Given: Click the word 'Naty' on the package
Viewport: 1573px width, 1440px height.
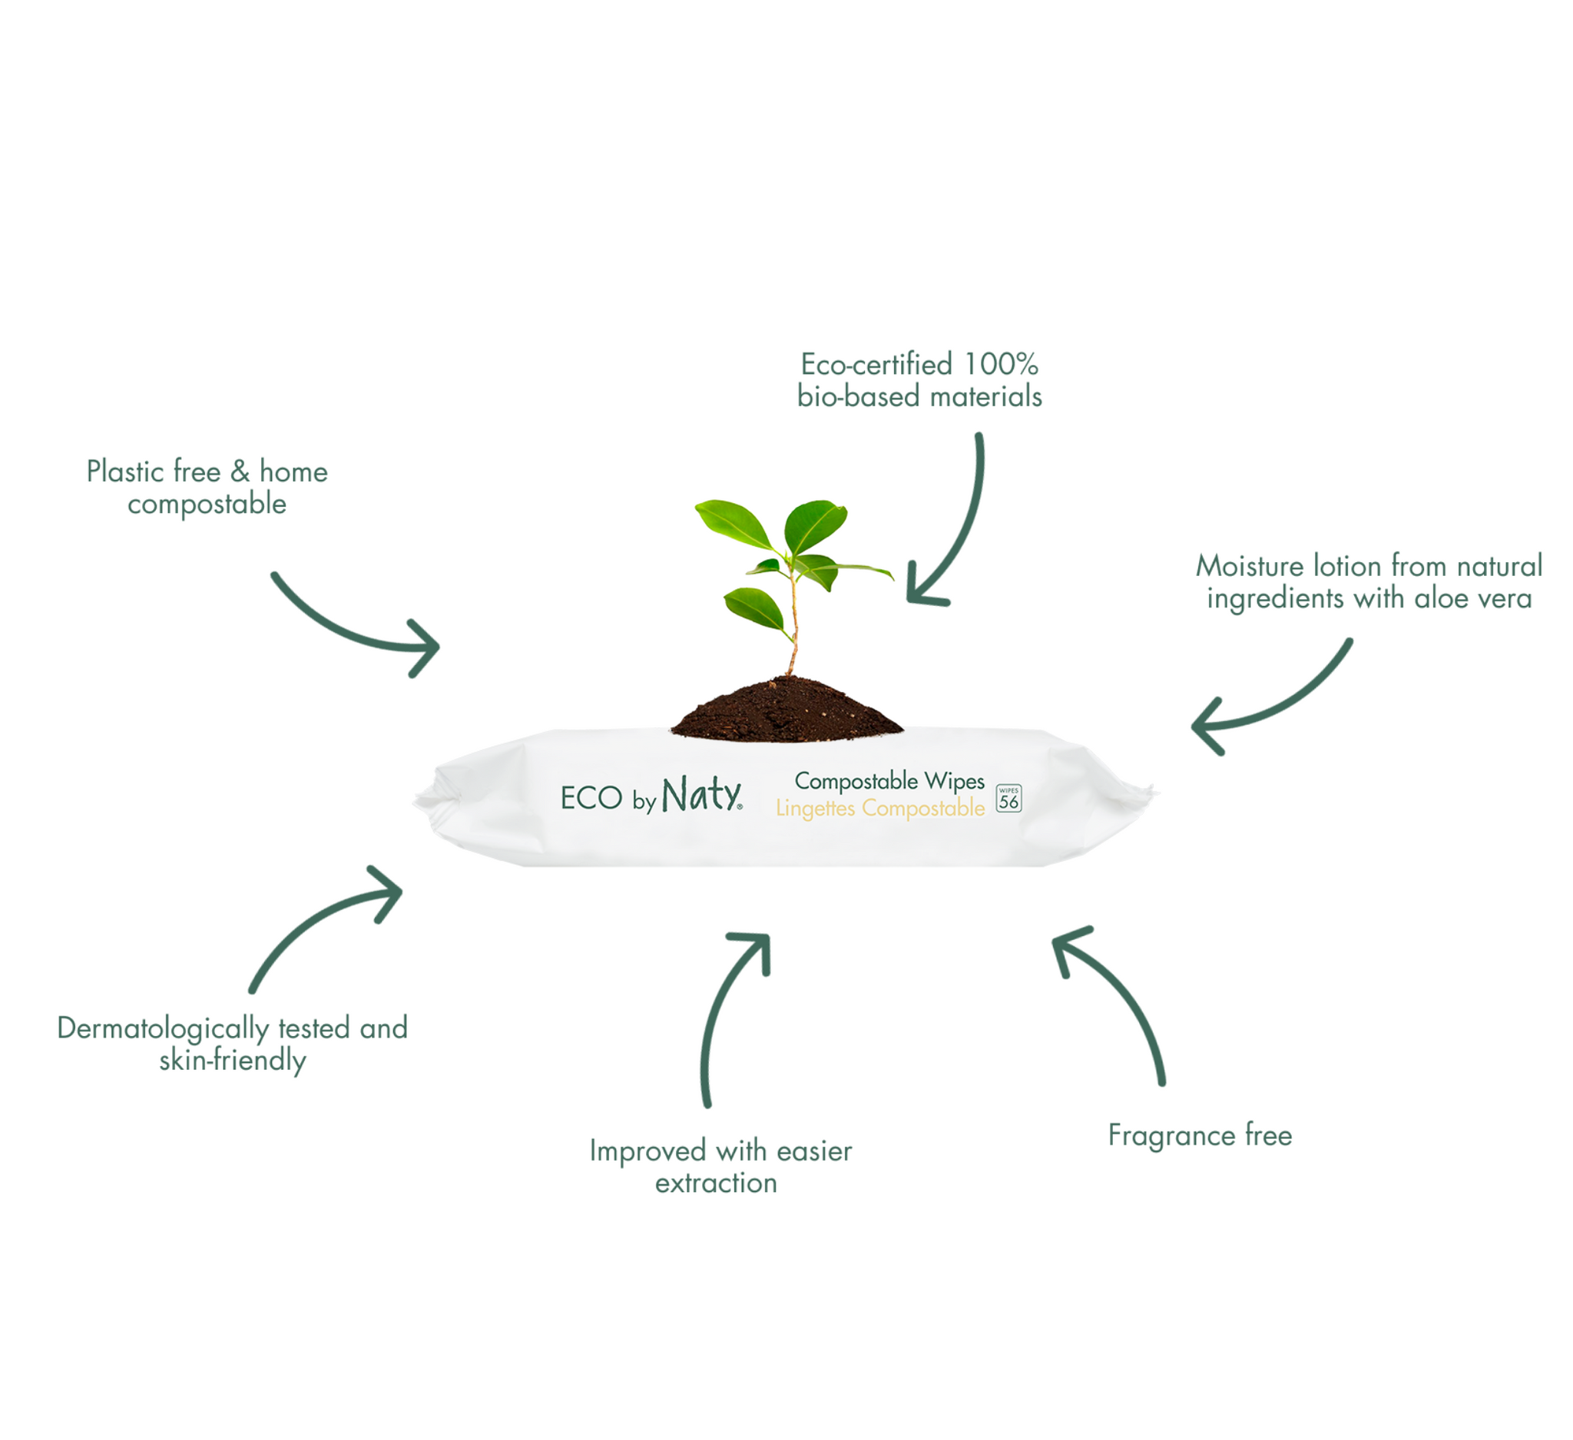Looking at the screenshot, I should pyautogui.click(x=700, y=796).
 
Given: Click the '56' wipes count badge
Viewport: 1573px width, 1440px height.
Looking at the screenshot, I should pyautogui.click(x=1008, y=799).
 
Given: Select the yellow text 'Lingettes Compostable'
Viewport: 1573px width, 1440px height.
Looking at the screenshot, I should pyautogui.click(x=880, y=809).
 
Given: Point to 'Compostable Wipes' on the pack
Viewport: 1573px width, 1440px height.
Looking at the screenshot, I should pyautogui.click(x=889, y=781).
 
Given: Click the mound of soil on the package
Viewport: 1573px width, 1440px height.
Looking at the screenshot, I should pyautogui.click(x=786, y=710).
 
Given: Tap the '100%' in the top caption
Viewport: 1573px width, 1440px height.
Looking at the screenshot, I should pyautogui.click(x=1001, y=364).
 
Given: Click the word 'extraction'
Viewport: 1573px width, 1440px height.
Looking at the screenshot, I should pyautogui.click(x=717, y=1183).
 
